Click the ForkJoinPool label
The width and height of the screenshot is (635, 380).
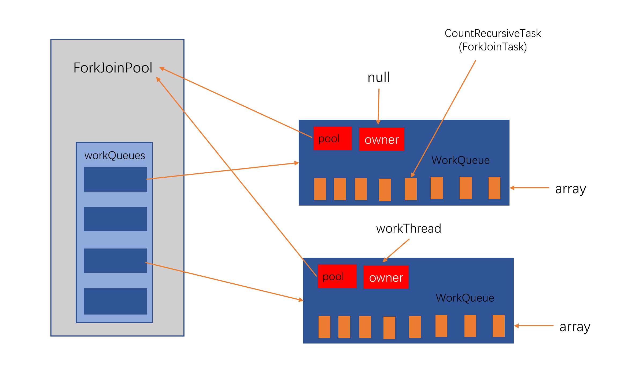click(113, 68)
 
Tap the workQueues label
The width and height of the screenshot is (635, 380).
click(115, 156)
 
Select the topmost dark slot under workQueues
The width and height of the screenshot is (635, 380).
click(115, 179)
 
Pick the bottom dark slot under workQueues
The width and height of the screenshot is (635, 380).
click(115, 301)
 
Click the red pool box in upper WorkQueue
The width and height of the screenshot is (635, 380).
click(333, 138)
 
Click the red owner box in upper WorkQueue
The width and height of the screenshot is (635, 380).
click(382, 139)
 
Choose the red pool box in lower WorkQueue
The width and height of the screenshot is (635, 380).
click(337, 276)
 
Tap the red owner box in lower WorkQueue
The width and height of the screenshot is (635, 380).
click(386, 277)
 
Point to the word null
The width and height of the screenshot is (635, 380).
click(379, 77)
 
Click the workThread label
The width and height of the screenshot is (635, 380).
click(409, 229)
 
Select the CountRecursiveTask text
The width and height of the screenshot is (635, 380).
click(493, 33)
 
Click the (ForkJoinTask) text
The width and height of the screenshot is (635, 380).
click(493, 47)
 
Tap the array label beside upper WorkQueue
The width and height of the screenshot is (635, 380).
click(571, 189)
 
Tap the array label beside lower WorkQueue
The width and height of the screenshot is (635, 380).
click(575, 327)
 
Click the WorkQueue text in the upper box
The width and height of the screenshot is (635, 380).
click(460, 160)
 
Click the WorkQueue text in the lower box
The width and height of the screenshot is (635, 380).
click(465, 298)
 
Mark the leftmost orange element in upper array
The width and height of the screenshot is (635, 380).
click(320, 189)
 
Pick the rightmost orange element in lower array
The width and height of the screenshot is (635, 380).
click(499, 326)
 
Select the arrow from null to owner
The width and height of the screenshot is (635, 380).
click(379, 107)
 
